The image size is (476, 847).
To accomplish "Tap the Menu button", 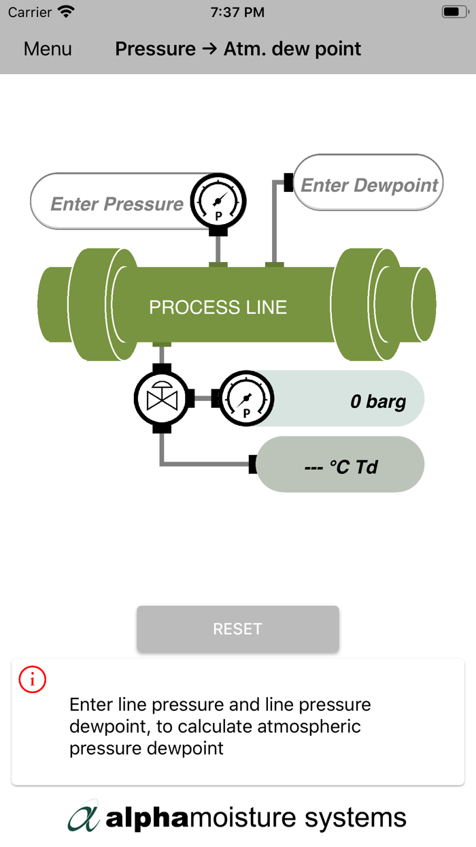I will pyautogui.click(x=48, y=49).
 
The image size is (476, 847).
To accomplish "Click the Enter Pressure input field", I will pyautogui.click(x=116, y=204).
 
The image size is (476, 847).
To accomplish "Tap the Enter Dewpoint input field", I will pyautogui.click(x=369, y=185).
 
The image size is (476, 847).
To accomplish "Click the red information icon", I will pyautogui.click(x=33, y=680).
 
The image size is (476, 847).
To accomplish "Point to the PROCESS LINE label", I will pyautogui.click(x=218, y=307).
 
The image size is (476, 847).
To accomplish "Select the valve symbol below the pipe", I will pyautogui.click(x=162, y=398).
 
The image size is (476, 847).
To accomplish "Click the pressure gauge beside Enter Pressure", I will pyautogui.click(x=218, y=202).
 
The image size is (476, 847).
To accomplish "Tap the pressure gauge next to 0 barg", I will pyautogui.click(x=245, y=399).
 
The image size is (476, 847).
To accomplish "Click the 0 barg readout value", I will pyautogui.click(x=377, y=401).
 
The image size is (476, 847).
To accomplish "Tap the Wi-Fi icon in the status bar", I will pyautogui.click(x=66, y=12).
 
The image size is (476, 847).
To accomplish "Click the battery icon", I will pyautogui.click(x=454, y=12).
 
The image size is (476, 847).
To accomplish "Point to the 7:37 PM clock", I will pyautogui.click(x=237, y=12).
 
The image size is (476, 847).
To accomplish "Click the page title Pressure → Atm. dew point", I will pyautogui.click(x=238, y=49).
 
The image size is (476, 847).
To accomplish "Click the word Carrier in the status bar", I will pyautogui.click(x=30, y=12).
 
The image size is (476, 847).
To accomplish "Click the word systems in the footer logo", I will pyautogui.click(x=355, y=817).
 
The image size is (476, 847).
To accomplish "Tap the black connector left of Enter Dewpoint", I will pyautogui.click(x=288, y=182).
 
